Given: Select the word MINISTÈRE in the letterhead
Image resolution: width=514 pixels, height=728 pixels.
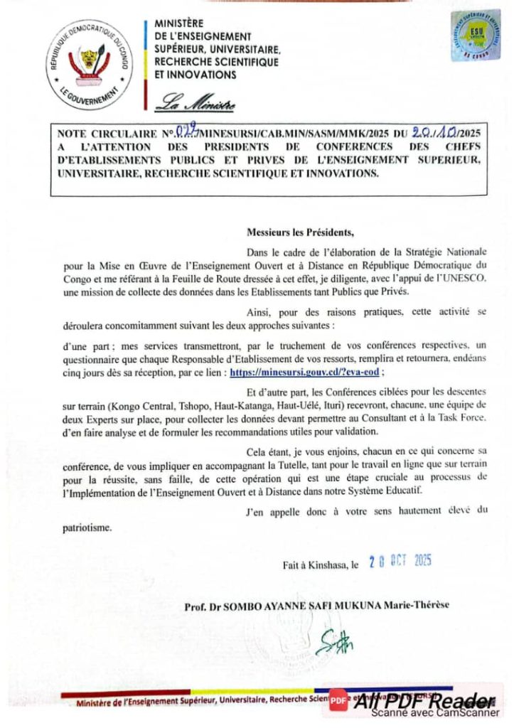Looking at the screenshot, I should (x=178, y=23).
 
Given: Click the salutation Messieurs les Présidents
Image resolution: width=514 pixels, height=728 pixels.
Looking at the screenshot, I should (x=299, y=232).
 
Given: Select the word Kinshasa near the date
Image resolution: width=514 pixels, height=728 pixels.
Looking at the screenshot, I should (x=319, y=566).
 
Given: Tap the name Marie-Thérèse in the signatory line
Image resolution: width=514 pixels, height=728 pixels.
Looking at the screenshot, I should (x=426, y=606).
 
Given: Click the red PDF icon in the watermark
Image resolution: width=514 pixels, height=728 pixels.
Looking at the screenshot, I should (x=338, y=700).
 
